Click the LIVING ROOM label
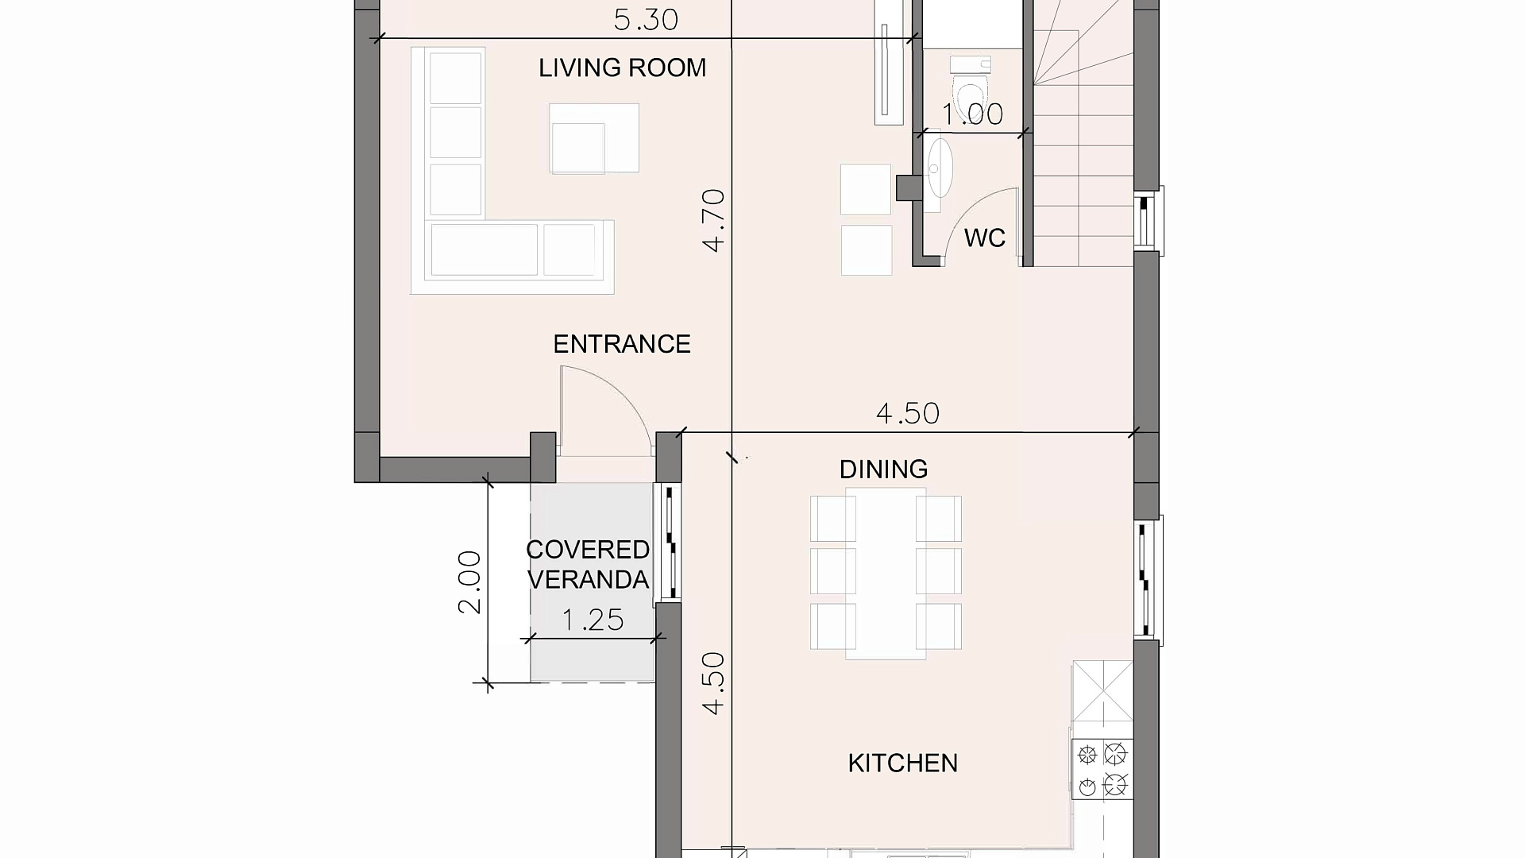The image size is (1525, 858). (622, 68)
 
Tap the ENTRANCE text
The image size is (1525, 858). (622, 344)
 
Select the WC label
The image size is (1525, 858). (985, 238)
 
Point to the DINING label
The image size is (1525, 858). (883, 470)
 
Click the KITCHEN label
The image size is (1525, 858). (903, 763)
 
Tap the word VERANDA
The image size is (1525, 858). (588, 580)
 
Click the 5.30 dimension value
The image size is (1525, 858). (646, 20)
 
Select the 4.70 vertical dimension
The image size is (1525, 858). (714, 220)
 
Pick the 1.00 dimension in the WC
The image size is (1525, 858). (972, 114)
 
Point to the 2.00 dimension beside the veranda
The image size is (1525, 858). (469, 582)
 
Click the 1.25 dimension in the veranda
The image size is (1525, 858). (593, 620)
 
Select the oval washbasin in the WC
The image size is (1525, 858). (939, 168)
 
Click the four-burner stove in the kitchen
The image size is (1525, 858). (1102, 769)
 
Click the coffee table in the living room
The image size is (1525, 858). (594, 138)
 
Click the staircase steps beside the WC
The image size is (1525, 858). (1083, 135)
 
